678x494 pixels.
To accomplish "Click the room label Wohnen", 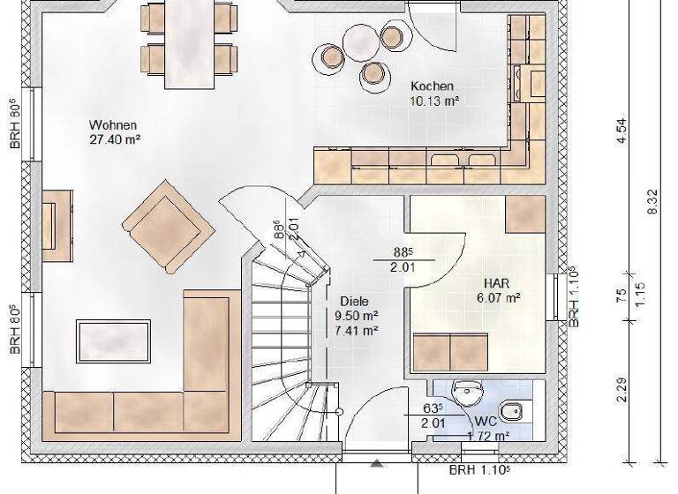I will [113, 125].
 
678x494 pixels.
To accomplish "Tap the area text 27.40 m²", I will [116, 139].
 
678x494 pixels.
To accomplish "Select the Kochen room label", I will [432, 86].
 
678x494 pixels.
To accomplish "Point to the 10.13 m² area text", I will [433, 101].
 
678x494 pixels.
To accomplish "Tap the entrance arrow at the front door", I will [377, 463].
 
